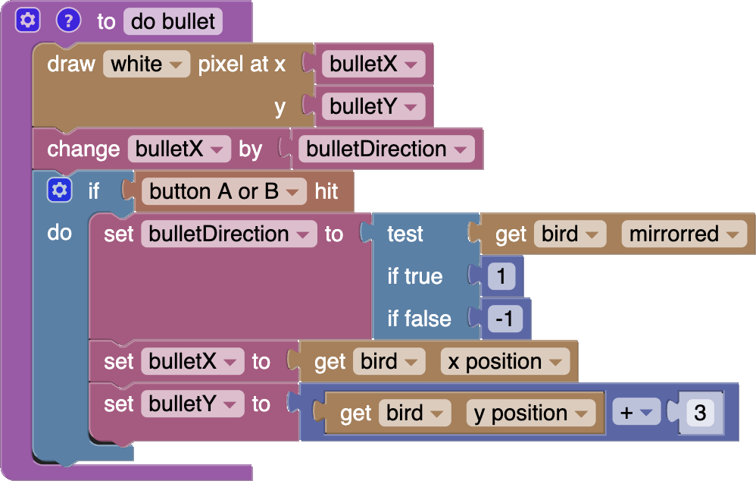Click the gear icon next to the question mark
(28, 20)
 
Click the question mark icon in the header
(68, 20)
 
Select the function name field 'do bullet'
(173, 21)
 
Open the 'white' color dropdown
(146, 64)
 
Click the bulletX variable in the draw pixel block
(373, 64)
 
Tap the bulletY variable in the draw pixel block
(373, 107)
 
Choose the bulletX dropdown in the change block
(179, 149)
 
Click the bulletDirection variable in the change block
(386, 149)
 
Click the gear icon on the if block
(59, 190)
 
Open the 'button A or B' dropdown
(223, 192)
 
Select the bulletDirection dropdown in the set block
(228, 234)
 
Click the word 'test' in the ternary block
(405, 234)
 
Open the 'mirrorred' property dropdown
(683, 234)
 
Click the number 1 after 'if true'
(501, 277)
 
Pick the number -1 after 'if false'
(505, 319)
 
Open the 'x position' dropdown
(504, 362)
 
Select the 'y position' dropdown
(530, 413)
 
